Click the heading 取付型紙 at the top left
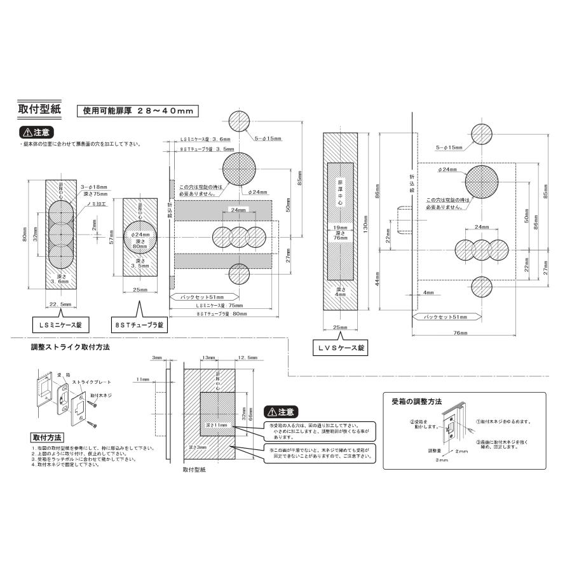pos(39,109)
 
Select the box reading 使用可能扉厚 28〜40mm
pos(137,110)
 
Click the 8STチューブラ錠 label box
pos(138,325)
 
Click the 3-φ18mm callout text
pos(95,187)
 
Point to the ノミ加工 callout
pos(96,205)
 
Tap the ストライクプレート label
pos(92,382)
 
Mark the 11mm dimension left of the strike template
pos(142,379)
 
